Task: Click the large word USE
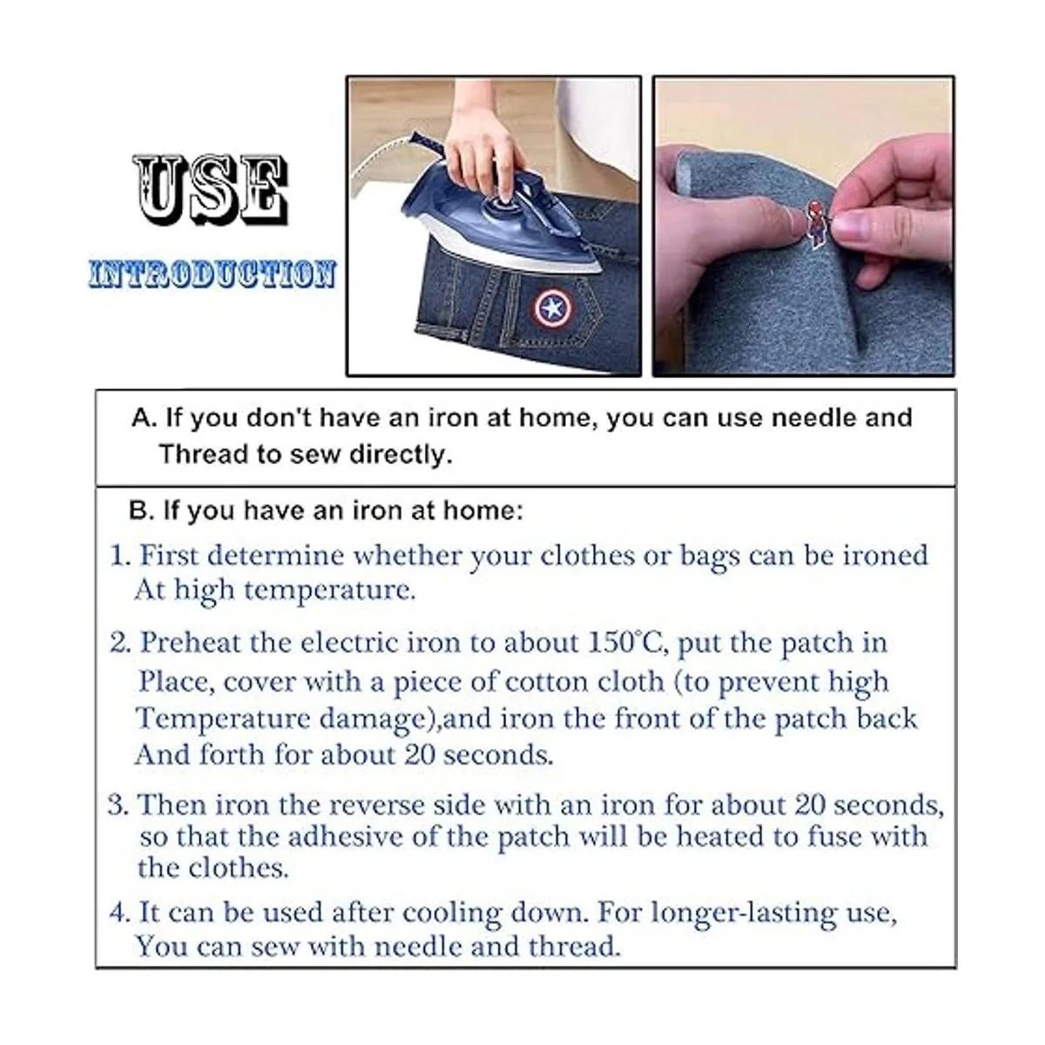pos(211,191)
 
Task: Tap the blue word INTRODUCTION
pos(212,273)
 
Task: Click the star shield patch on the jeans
pos(549,309)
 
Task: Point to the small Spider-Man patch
pos(815,225)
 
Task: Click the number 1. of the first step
pos(120,556)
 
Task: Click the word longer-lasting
pos(745,914)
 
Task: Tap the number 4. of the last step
pos(120,914)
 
